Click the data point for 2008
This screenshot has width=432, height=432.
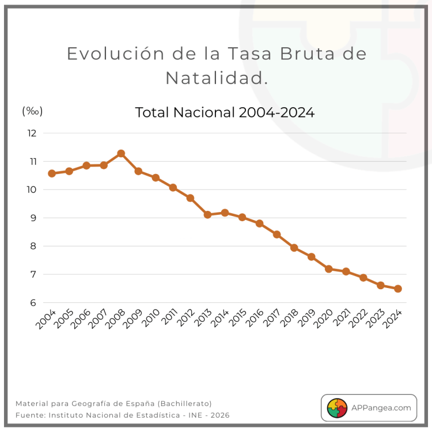121,153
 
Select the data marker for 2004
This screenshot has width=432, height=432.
52,173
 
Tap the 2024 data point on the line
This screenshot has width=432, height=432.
397,289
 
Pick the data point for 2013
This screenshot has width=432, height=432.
207,214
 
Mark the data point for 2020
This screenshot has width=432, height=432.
328,268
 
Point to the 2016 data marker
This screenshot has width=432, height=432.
259,223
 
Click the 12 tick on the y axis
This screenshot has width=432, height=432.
32,133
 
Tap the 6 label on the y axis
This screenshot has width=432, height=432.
33,303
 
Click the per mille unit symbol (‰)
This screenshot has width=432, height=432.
32,111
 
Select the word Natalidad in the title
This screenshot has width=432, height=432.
216,78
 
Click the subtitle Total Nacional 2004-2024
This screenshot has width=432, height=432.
225,112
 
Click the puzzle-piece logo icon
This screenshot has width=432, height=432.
337,407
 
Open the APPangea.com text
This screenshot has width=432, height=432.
380,407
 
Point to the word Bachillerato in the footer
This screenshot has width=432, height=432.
184,403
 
